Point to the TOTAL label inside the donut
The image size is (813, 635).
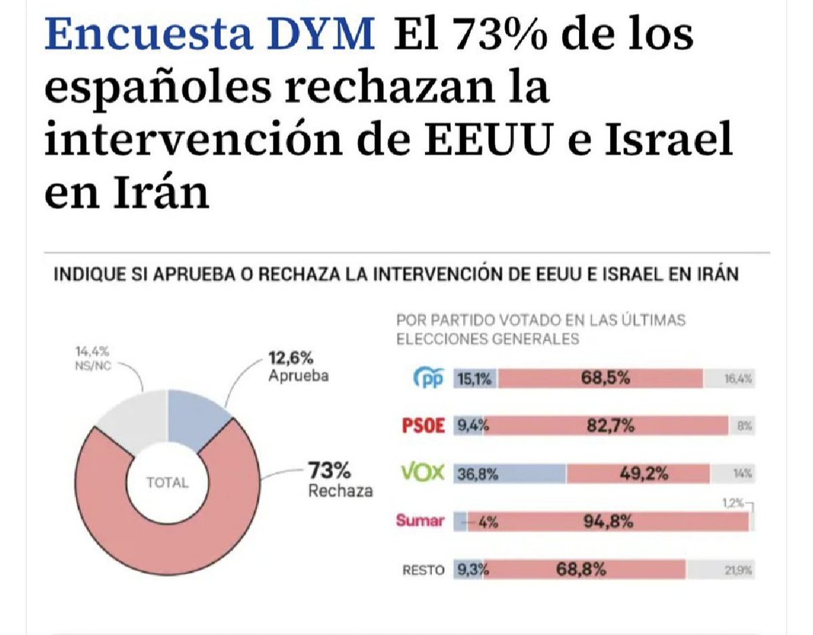167,483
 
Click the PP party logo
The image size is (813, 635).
428,379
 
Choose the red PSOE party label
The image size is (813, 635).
423,426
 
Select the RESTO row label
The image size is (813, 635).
423,570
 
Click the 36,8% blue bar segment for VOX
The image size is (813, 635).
509,474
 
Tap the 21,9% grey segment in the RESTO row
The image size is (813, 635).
721,570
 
